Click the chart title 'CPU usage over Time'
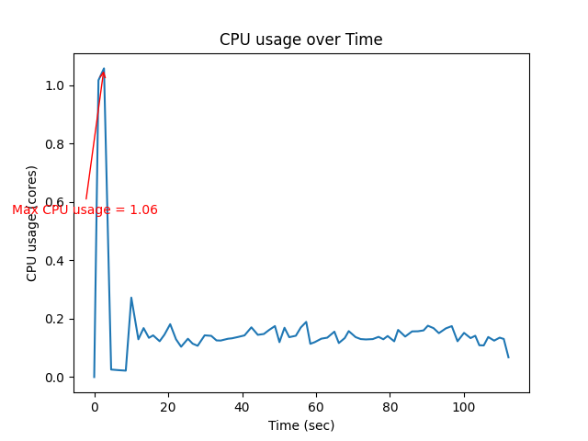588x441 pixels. pos(300,40)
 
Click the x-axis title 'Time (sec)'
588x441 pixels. pos(300,425)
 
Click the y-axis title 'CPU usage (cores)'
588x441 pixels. pos(32,223)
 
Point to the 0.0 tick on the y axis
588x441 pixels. pos(58,378)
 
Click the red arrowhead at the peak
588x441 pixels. pos(104,73)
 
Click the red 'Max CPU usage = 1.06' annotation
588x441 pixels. pos(85,209)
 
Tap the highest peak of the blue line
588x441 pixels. pos(103,68)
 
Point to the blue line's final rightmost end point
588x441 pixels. pos(508,356)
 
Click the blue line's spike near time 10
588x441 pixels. pos(131,298)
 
